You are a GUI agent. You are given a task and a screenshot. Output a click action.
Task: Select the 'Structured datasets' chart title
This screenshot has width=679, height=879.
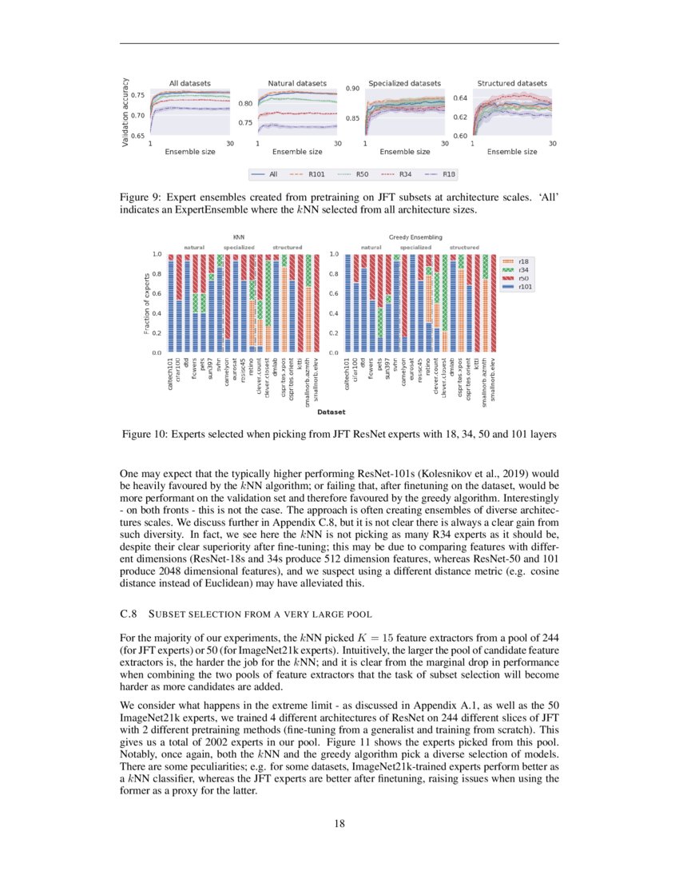point(512,83)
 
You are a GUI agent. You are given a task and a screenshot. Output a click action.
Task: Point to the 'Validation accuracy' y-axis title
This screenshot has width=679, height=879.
point(125,112)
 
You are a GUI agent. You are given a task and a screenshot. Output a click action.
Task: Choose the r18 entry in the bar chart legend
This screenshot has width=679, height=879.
point(523,261)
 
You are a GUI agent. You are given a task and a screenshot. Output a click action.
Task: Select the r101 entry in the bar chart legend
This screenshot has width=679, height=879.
point(523,287)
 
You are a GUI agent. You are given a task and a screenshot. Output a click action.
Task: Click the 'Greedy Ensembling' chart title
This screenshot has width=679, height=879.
point(415,237)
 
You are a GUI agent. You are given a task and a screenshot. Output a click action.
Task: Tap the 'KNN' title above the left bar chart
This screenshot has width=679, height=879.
point(238,237)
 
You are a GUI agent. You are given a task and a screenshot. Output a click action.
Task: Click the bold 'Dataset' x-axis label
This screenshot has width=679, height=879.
point(331,412)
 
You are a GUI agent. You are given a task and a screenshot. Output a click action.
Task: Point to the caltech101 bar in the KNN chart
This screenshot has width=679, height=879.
point(171,304)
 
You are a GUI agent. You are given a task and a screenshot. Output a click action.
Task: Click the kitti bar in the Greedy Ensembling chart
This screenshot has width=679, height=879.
point(478,304)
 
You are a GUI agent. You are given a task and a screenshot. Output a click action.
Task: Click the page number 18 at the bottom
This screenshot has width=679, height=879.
point(339,825)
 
